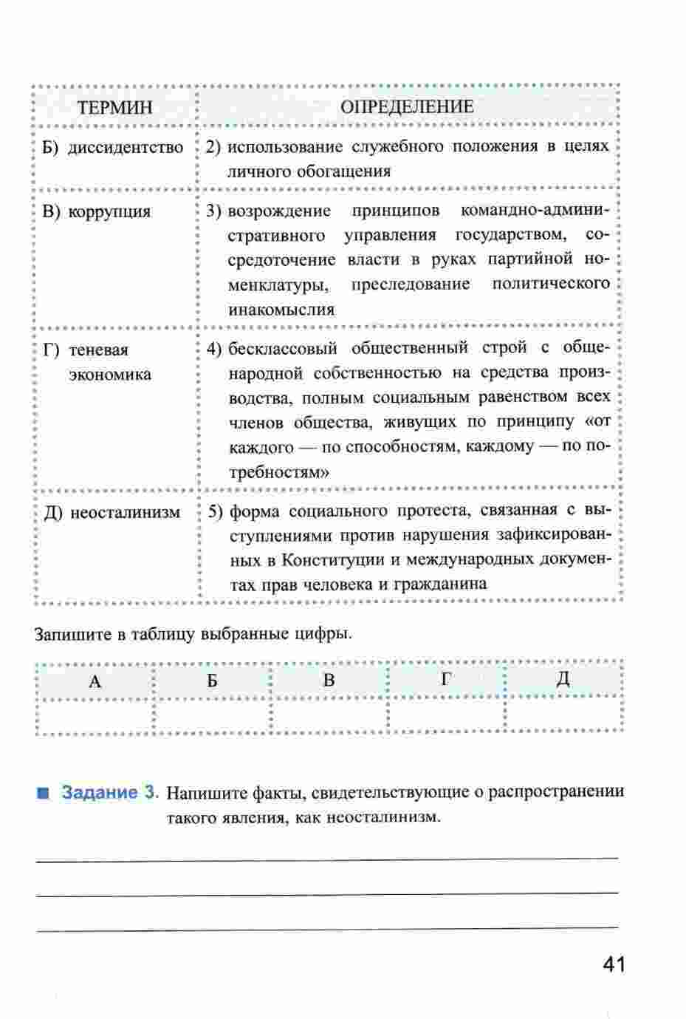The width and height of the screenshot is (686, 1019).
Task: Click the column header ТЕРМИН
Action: coord(114,107)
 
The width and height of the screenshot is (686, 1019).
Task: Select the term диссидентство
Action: coord(126,147)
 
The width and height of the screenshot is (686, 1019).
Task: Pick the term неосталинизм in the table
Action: coord(125,512)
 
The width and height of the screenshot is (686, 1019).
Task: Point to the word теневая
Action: coord(98,350)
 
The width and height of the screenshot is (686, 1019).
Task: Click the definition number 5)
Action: coord(215,511)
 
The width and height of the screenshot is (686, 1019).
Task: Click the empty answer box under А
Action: coord(95,715)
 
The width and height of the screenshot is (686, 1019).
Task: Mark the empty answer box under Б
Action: coord(212,715)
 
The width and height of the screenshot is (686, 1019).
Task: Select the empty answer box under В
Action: coord(329,715)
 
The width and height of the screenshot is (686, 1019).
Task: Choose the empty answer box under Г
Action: coord(445,715)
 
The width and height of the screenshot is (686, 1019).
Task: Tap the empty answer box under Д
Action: coord(563,715)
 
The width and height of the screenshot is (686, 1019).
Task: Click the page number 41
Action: coord(614,965)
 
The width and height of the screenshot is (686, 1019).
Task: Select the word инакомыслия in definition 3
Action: coord(281,310)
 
